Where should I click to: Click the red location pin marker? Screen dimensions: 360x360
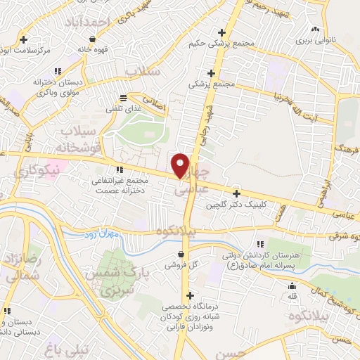pos(181,165)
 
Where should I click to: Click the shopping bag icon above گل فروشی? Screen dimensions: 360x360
pos(182,255)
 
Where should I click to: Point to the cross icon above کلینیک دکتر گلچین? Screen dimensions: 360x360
pos(236,193)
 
